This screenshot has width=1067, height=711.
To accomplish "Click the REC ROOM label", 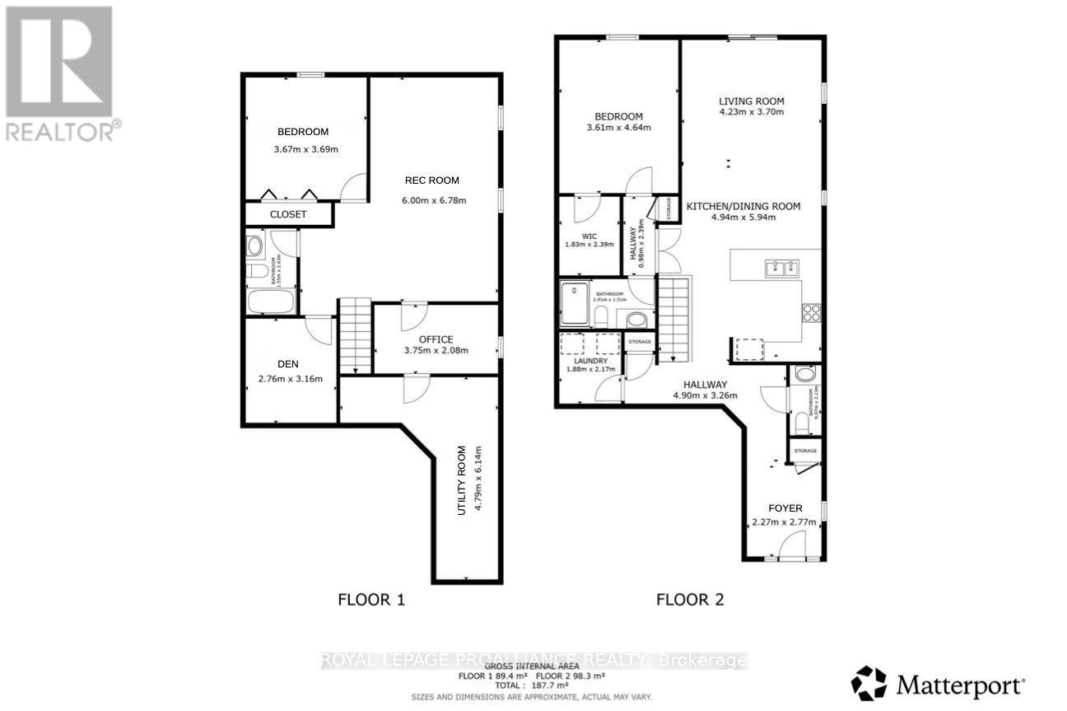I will pos(431,180).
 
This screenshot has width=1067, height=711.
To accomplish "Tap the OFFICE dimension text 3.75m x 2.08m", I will pos(436,350).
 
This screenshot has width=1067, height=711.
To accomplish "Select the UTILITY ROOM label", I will pos(462,480).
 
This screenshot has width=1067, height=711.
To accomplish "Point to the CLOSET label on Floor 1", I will pos(288,214).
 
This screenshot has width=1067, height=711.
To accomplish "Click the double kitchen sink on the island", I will pos(780,267).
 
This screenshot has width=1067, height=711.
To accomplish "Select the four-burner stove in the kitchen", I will pos(811,312).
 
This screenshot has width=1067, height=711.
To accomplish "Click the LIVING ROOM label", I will pos(751,101).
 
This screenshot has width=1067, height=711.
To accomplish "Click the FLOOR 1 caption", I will pos(371,600).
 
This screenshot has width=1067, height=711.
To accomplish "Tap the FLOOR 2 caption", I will pos(689,600).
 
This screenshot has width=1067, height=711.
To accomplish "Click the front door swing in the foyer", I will pos(792,545).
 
